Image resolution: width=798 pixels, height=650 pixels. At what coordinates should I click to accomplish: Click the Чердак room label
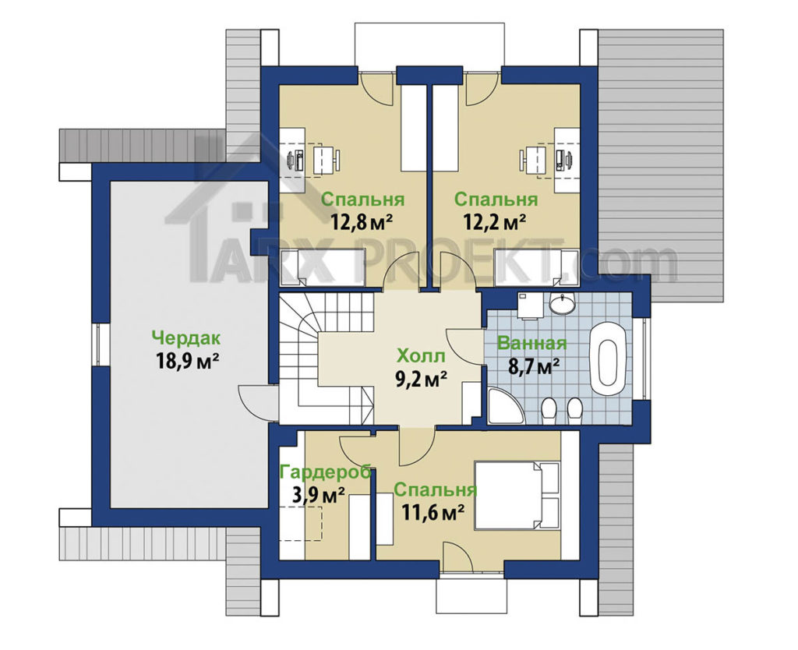click(x=185, y=337)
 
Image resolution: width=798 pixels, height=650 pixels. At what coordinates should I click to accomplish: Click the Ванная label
click(x=531, y=343)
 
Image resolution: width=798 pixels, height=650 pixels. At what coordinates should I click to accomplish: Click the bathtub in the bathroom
click(x=608, y=357)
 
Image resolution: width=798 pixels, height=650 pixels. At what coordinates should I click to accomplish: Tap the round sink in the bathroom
click(x=562, y=303)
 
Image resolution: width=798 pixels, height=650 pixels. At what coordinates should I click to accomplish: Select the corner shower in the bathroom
click(x=503, y=407)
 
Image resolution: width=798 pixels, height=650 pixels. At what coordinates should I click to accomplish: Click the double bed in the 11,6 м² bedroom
click(x=517, y=495)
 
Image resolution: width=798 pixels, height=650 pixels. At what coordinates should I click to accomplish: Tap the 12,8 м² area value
click(x=362, y=221)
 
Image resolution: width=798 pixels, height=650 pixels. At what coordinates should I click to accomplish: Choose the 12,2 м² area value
click(x=493, y=221)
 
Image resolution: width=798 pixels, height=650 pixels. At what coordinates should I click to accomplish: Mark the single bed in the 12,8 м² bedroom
click(x=323, y=268)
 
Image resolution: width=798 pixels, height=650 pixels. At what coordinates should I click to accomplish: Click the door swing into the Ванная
click(x=464, y=345)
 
